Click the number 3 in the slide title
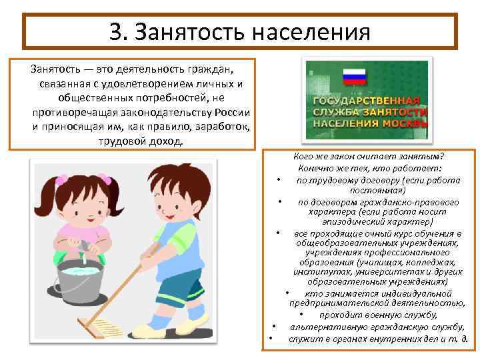tap(116, 31)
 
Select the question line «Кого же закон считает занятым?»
tap(368, 156)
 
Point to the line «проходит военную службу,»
tap(377, 315)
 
